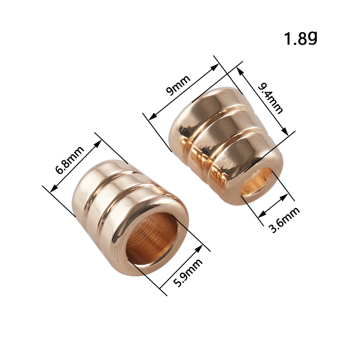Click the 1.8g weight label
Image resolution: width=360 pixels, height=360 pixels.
point(301,38)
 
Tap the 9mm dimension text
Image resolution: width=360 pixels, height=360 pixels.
point(178,85)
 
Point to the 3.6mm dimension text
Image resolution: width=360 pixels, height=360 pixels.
point(284,220)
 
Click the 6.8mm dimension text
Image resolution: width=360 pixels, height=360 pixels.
point(70,160)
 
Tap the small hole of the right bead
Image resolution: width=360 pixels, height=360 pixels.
point(256,182)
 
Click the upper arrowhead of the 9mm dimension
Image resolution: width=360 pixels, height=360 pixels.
point(215,67)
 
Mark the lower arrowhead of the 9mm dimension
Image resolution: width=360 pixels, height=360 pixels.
point(153,117)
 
